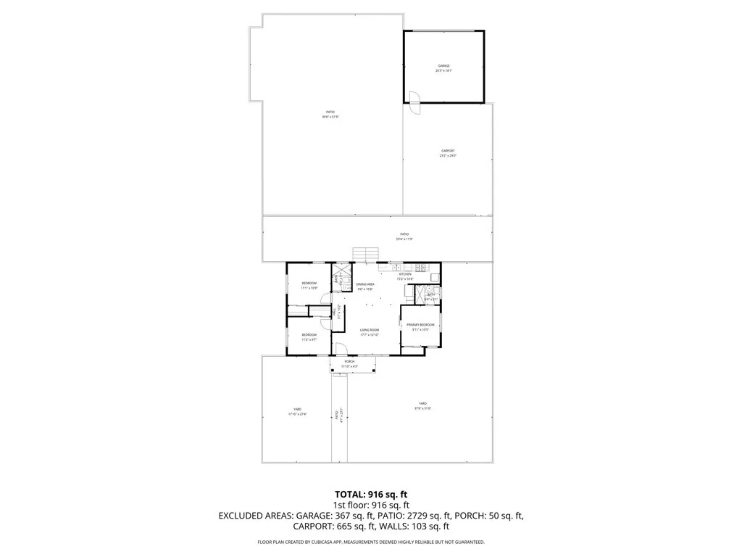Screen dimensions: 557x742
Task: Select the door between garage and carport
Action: [x=414, y=102]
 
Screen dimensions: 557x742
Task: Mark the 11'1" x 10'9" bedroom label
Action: [x=309, y=285]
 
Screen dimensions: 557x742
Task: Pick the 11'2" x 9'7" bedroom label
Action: [x=309, y=337]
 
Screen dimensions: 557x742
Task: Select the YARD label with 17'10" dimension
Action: [x=297, y=411]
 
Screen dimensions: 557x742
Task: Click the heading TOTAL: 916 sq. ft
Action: [x=371, y=494]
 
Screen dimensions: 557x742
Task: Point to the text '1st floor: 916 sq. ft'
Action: [x=371, y=505]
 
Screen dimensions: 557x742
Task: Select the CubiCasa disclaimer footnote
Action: [x=371, y=542]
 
